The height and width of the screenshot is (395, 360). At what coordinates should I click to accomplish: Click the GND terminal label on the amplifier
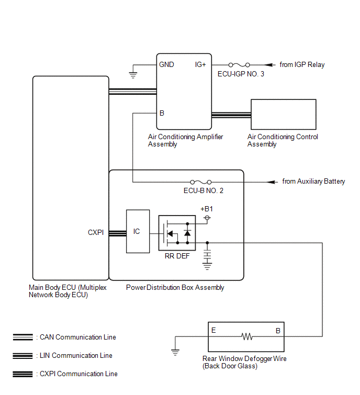tap(166, 64)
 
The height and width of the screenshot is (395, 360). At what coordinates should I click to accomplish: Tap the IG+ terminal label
tap(200, 64)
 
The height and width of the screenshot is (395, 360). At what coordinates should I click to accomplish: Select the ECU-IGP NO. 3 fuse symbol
tap(239, 65)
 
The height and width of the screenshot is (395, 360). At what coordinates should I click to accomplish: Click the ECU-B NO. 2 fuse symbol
tap(201, 182)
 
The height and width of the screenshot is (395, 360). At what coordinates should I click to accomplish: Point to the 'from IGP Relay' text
tap(302, 65)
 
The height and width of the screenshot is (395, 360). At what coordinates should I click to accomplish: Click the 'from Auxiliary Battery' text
tap(313, 182)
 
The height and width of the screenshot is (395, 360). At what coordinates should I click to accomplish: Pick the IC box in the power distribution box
tap(138, 231)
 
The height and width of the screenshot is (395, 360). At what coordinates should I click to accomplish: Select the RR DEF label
tap(177, 256)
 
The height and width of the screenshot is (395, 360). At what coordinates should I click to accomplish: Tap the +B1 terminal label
tap(207, 209)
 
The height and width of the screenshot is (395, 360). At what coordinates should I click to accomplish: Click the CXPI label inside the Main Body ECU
tap(96, 232)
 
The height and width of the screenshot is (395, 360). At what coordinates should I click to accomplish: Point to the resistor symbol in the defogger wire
tap(247, 336)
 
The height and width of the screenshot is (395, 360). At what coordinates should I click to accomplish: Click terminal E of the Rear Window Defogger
tap(213, 330)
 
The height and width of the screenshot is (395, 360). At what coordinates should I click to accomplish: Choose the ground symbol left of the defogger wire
tap(175, 352)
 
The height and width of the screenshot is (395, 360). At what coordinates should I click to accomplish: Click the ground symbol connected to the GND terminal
tap(133, 75)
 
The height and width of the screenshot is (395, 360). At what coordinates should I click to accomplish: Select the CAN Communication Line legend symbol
tap(22, 337)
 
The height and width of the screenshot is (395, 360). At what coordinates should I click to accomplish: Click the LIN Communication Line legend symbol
tap(22, 355)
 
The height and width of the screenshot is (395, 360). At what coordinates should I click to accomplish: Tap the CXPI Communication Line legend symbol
tap(22, 374)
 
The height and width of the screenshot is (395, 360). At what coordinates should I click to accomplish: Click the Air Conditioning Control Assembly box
tap(284, 115)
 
